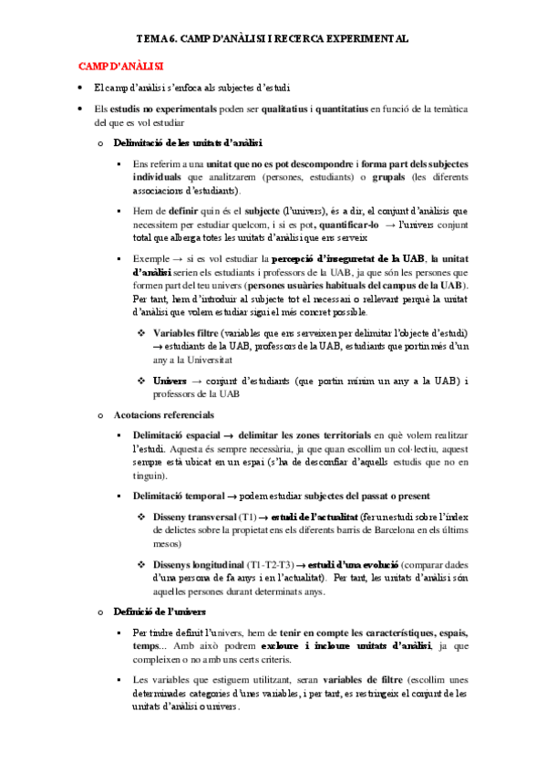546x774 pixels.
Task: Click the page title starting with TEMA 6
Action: point(272,41)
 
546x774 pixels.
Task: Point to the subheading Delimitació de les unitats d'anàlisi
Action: point(188,143)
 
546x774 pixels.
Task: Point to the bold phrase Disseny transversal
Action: point(196,517)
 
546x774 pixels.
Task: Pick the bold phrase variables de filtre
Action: point(350,680)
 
